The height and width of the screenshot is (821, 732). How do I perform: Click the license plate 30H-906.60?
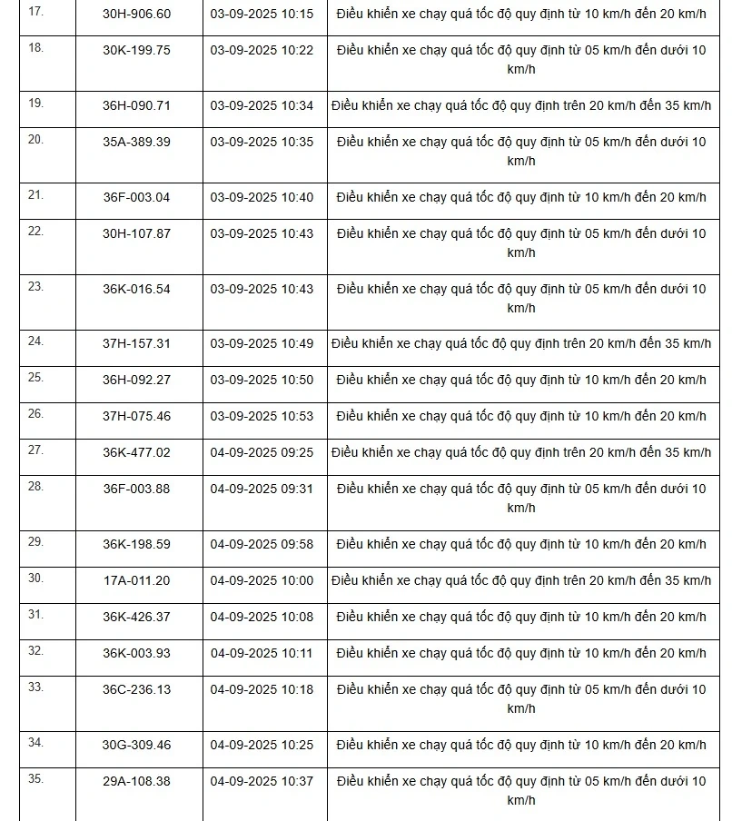tap(136, 14)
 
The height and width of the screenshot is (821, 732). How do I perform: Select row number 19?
tap(35, 104)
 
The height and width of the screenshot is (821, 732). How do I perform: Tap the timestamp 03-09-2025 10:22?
tap(262, 50)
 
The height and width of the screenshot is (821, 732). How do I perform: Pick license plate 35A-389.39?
tap(136, 142)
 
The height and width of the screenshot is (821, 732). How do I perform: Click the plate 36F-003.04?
tap(136, 197)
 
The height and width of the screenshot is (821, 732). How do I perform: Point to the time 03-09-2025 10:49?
tap(262, 343)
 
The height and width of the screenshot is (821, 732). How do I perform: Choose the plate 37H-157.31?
tap(136, 343)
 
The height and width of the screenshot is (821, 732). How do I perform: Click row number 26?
tap(35, 414)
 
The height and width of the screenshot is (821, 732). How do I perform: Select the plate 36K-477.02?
tap(136, 452)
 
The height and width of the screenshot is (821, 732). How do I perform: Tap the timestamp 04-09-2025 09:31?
tap(262, 489)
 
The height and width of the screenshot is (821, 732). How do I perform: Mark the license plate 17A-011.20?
tap(136, 580)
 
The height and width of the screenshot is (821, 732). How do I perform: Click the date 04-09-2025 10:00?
tap(262, 580)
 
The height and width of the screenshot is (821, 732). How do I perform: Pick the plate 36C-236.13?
tap(136, 689)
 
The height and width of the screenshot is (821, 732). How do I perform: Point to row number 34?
tap(35, 743)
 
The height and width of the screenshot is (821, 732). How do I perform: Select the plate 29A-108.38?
tap(136, 781)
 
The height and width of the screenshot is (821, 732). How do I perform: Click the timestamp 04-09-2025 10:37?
tap(262, 781)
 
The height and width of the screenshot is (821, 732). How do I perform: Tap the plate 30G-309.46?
tap(136, 745)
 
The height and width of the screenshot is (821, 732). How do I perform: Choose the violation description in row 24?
tap(521, 343)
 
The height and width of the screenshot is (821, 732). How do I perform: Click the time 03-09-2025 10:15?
tap(262, 14)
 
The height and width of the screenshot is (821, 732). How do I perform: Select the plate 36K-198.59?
tap(136, 544)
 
